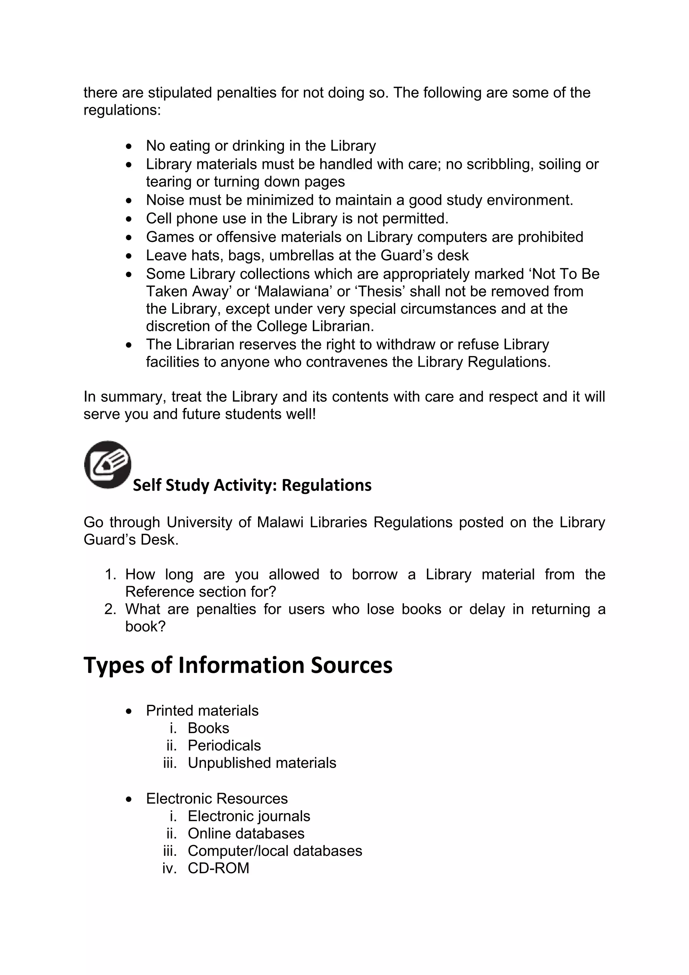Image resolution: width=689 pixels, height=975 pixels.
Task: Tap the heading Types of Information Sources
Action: [x=238, y=665]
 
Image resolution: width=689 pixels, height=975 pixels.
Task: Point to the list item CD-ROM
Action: [x=218, y=868]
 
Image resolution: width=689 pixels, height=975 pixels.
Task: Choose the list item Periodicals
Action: [x=224, y=745]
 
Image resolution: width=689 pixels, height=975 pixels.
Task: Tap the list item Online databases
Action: [x=246, y=833]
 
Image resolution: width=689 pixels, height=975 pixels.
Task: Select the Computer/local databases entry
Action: [x=275, y=851]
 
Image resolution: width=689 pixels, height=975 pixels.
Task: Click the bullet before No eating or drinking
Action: [x=129, y=146]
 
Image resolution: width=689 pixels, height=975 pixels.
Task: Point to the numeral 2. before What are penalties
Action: [x=110, y=609]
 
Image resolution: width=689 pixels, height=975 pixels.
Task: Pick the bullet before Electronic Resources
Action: [x=129, y=799]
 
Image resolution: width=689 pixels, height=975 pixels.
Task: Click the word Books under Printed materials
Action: [x=208, y=728]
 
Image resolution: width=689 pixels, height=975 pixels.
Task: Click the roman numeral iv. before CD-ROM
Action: [x=169, y=868]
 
